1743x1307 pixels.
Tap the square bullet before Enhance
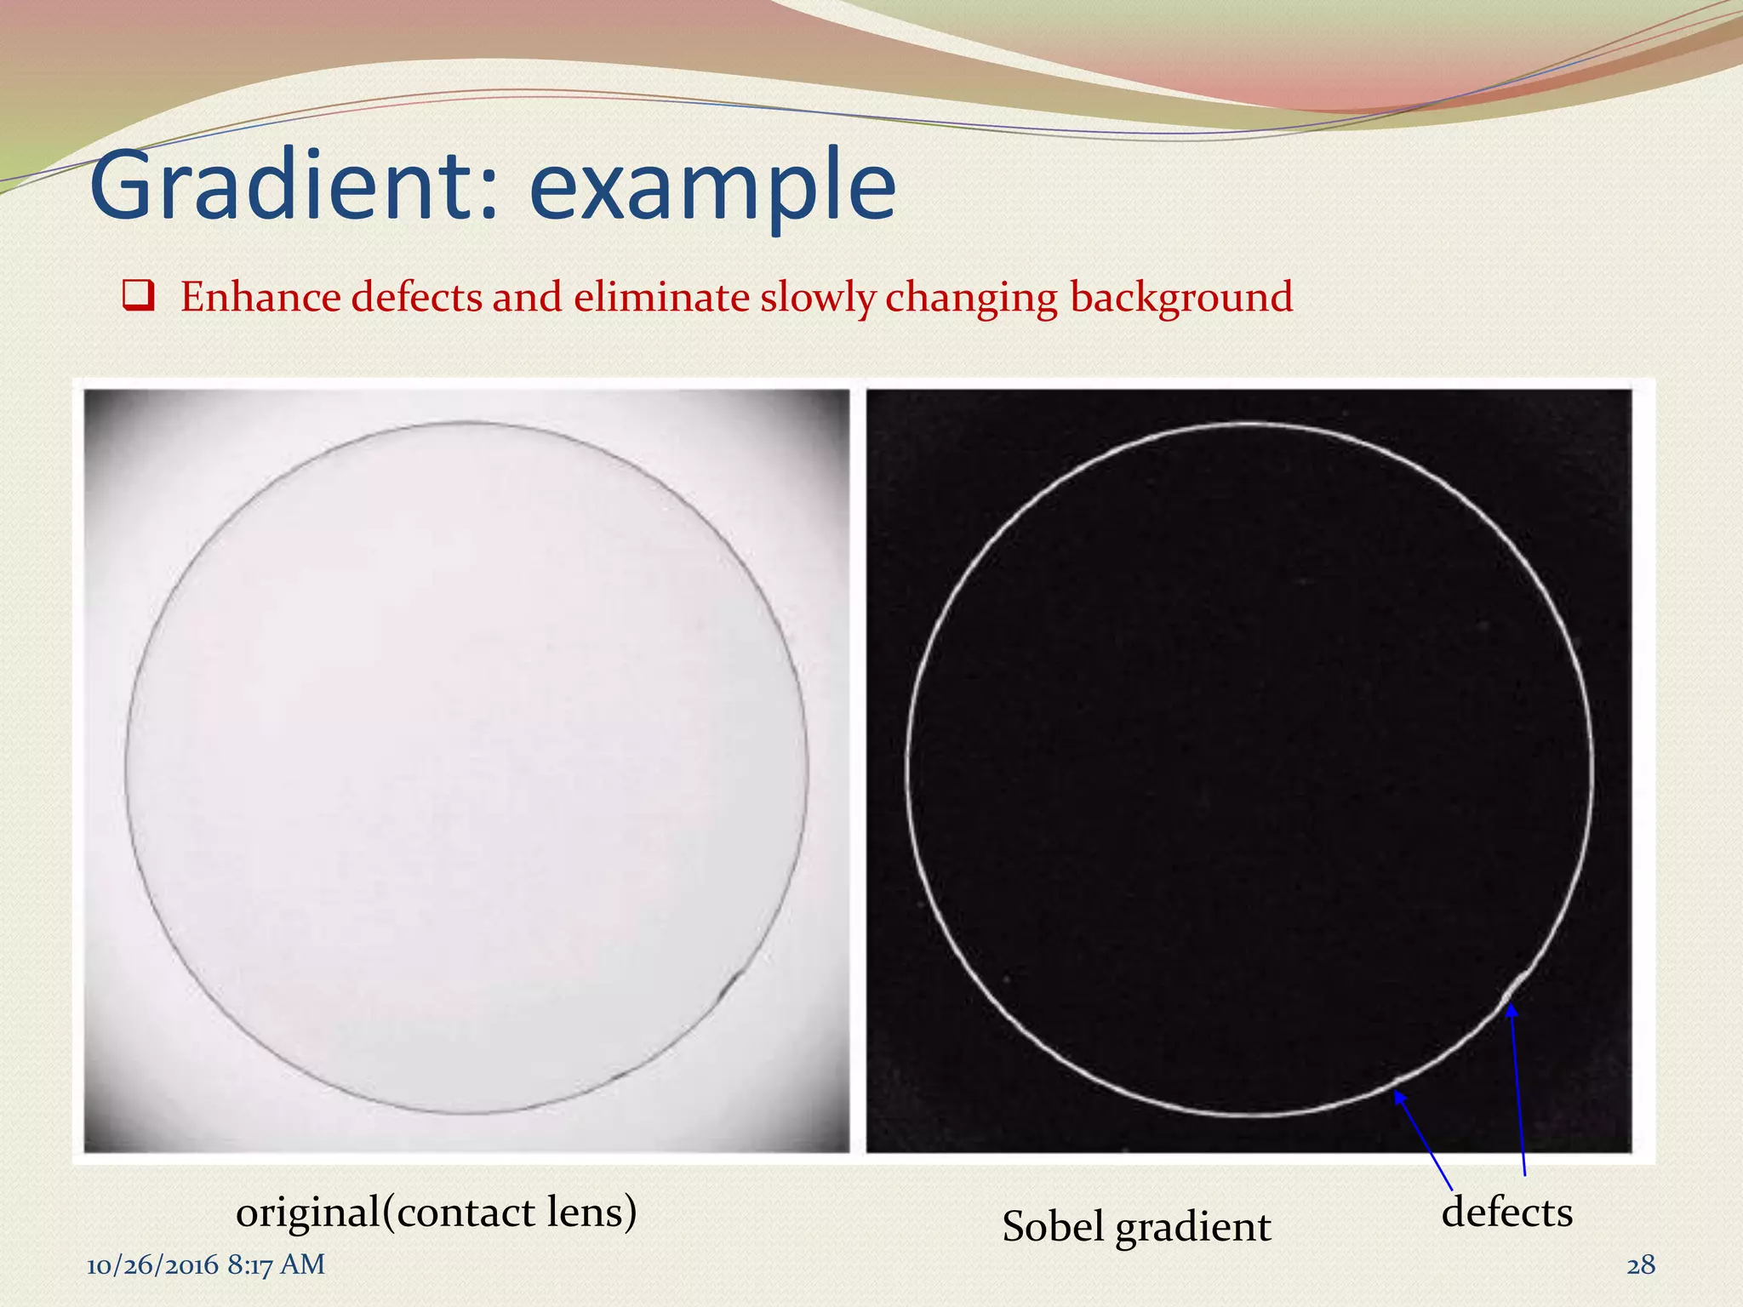138,297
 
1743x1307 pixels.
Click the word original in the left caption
307,1213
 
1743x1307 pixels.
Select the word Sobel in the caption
1053,1226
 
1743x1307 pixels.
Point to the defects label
1506,1212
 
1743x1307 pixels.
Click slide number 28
1641,1265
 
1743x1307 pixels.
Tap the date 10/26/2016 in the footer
152,1265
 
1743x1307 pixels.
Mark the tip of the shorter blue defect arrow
1397,1093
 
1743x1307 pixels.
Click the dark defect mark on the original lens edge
729,987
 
